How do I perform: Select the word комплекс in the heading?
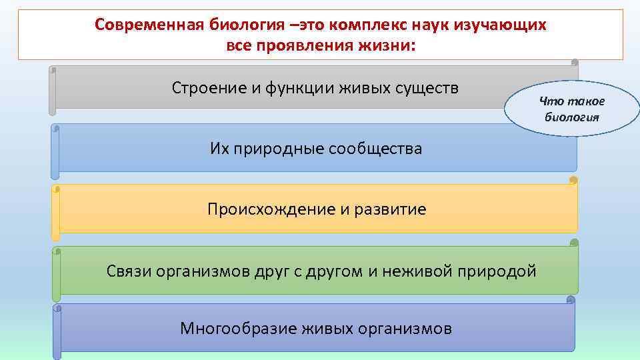click(375, 25)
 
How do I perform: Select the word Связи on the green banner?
click(128, 271)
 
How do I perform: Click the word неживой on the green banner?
click(421, 271)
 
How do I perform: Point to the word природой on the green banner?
click(499, 271)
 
